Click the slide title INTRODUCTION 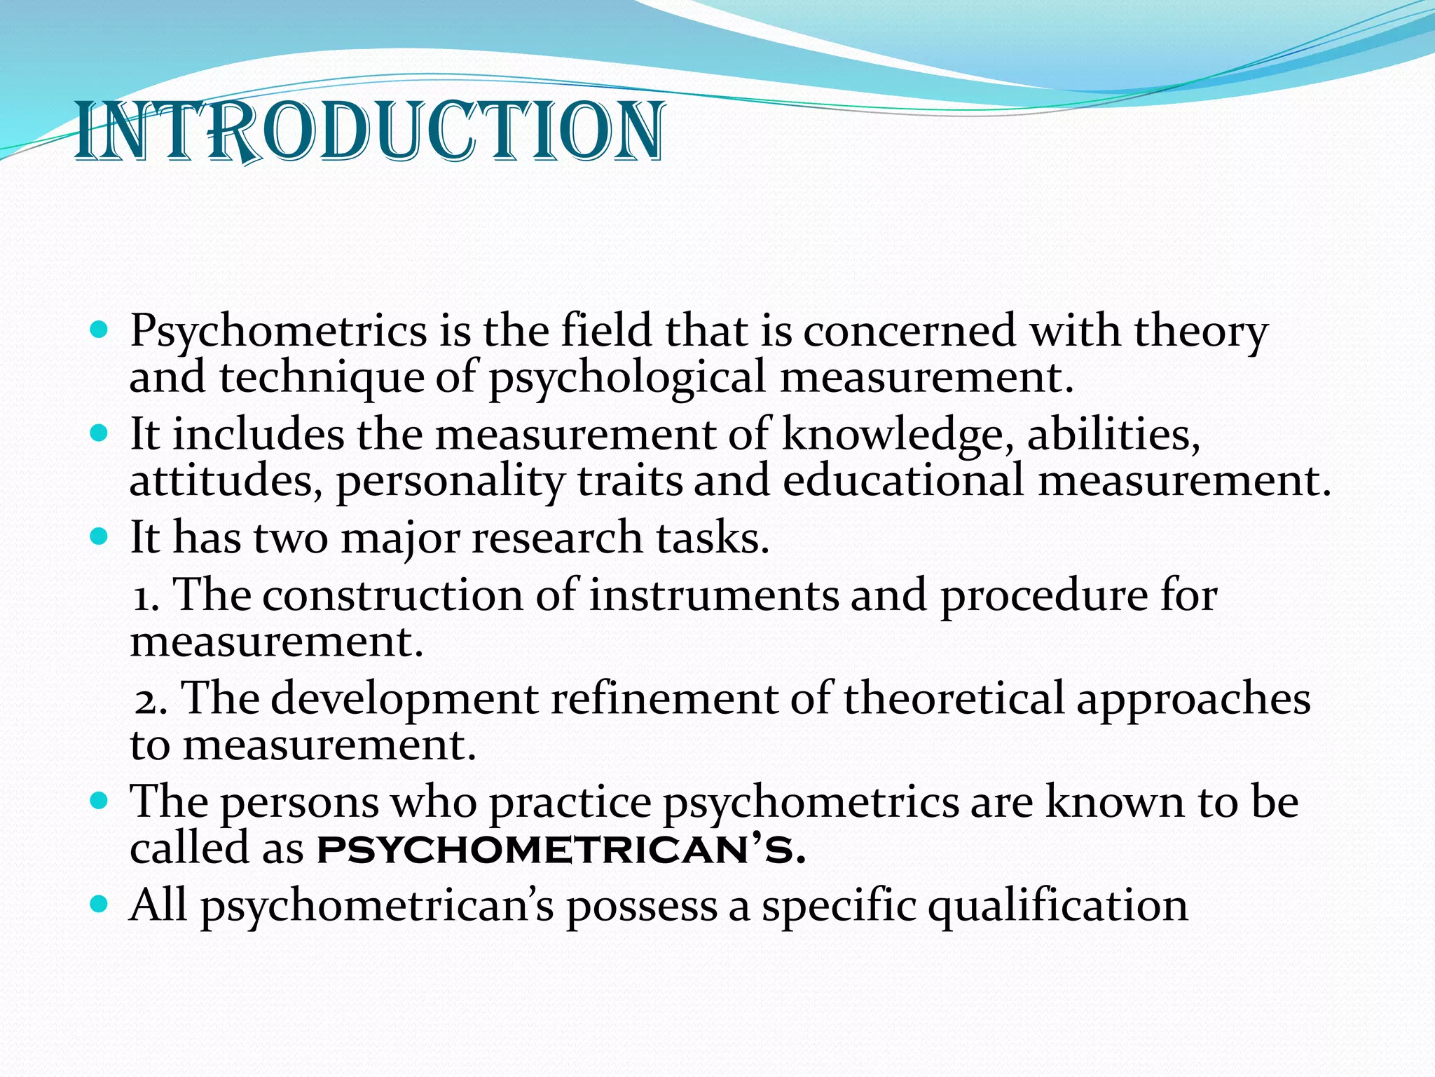tap(369, 132)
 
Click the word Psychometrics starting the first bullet tap(278, 330)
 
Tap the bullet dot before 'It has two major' tap(99, 537)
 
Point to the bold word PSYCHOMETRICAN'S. tap(561, 850)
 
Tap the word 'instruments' tap(713, 595)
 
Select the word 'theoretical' tap(954, 698)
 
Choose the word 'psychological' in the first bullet tap(626, 377)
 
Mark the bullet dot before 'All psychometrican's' tap(99, 904)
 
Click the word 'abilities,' tap(1113, 434)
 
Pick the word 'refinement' tap(664, 698)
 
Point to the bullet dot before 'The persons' tap(99, 800)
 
